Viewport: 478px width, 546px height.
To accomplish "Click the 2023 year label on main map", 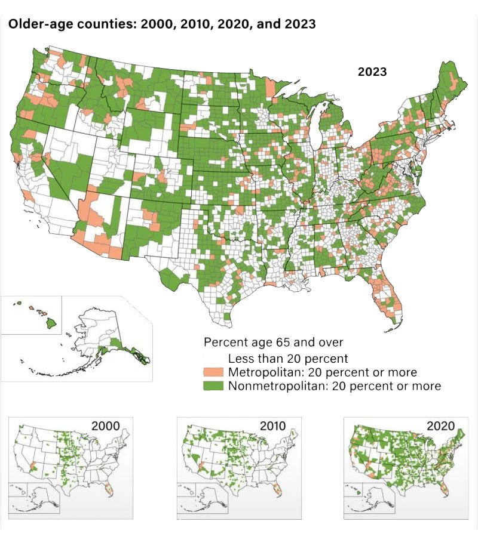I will coord(372,72).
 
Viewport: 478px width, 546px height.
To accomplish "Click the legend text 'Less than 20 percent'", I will coord(289,359).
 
